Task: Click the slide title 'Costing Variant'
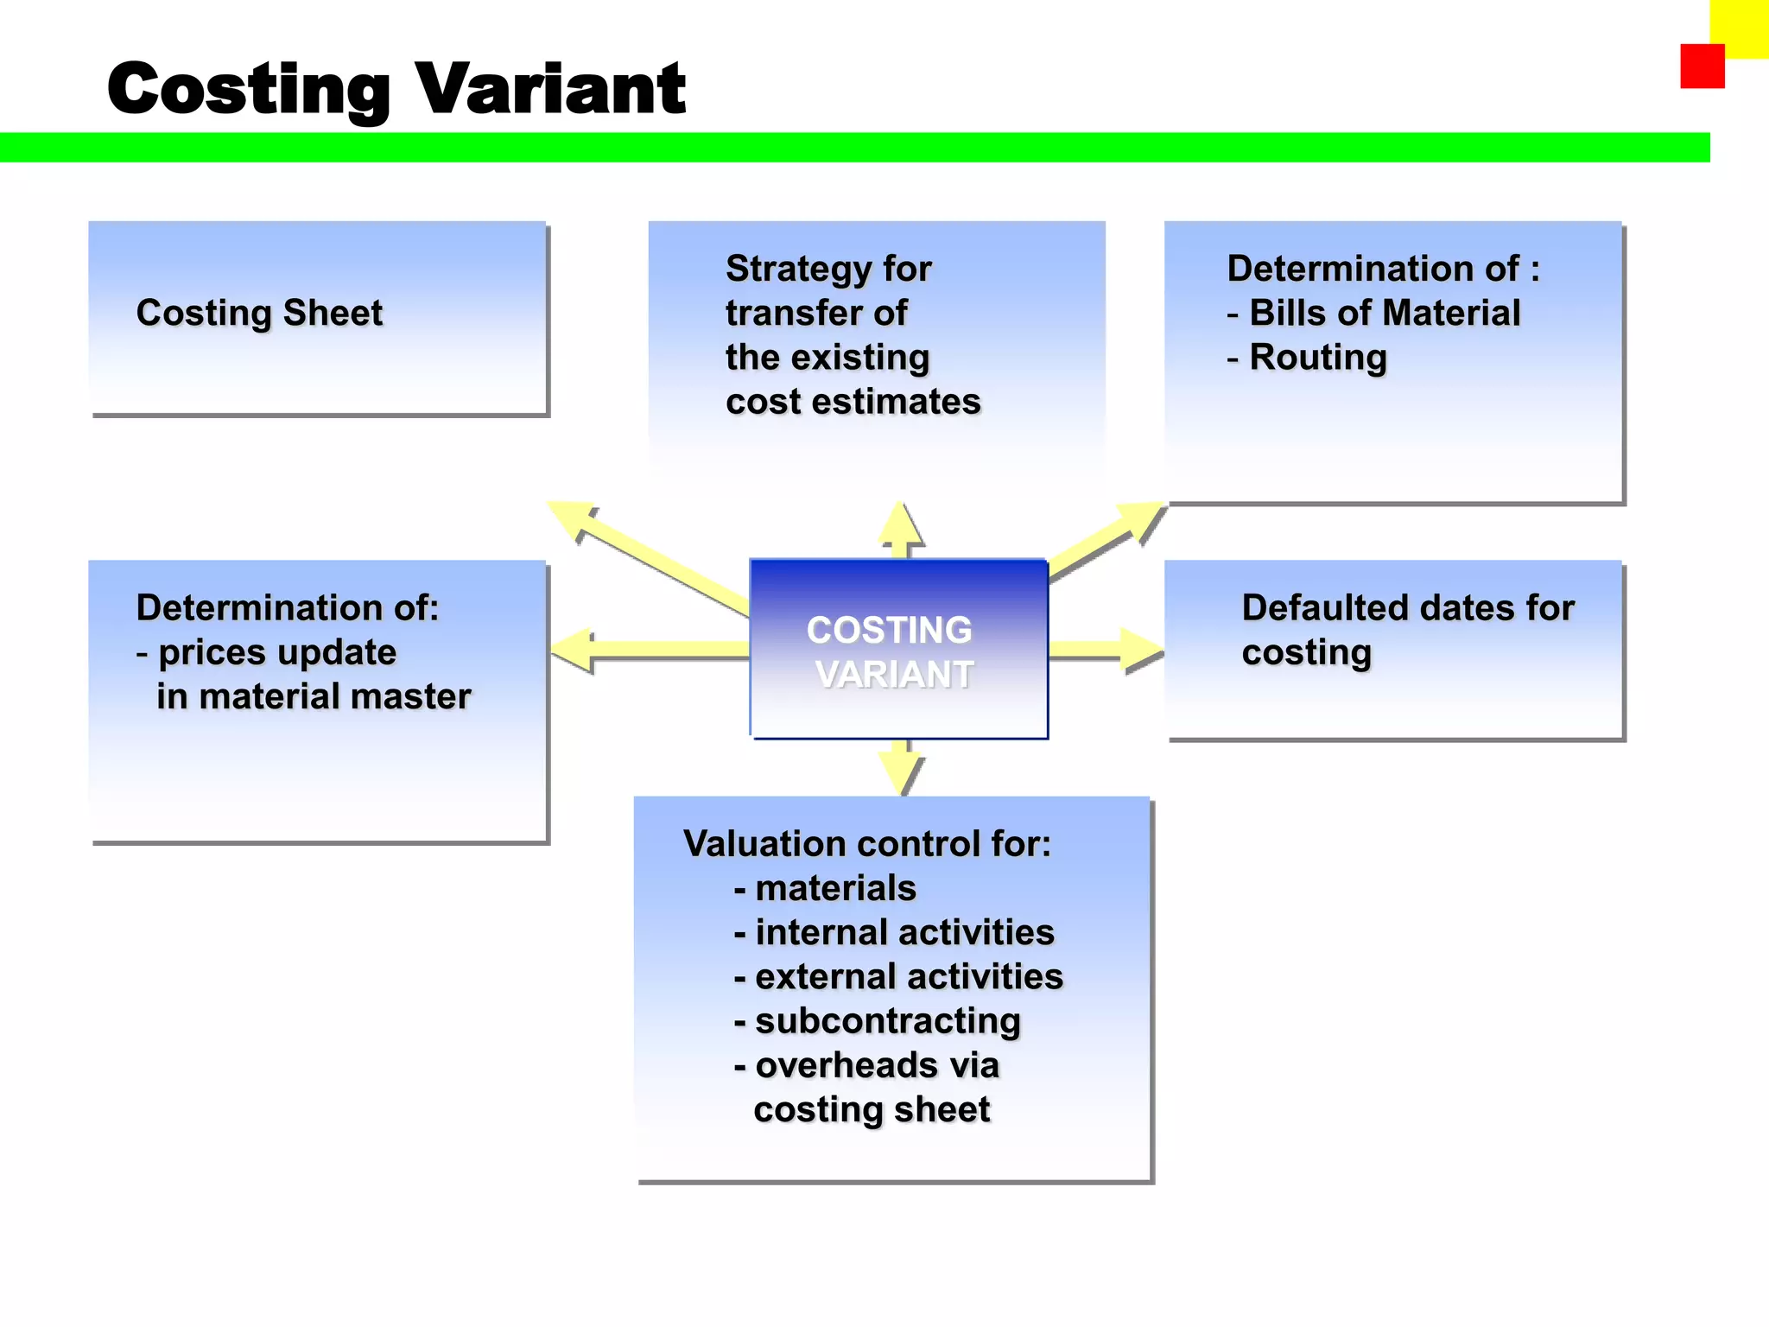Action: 396,89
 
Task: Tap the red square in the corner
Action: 1701,67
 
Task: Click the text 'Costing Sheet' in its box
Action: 259,313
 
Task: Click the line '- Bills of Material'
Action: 1373,313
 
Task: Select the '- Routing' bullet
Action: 1307,357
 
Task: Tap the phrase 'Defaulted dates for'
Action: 1408,608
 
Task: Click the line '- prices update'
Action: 266,652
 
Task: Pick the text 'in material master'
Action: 313,696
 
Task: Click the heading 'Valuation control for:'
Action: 867,844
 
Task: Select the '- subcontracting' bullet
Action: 877,1021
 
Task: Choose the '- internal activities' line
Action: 894,933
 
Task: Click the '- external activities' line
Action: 898,977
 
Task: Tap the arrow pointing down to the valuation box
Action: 901,766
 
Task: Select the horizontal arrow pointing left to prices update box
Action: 648,650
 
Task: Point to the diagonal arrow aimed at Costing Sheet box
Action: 648,556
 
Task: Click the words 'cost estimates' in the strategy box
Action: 853,402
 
